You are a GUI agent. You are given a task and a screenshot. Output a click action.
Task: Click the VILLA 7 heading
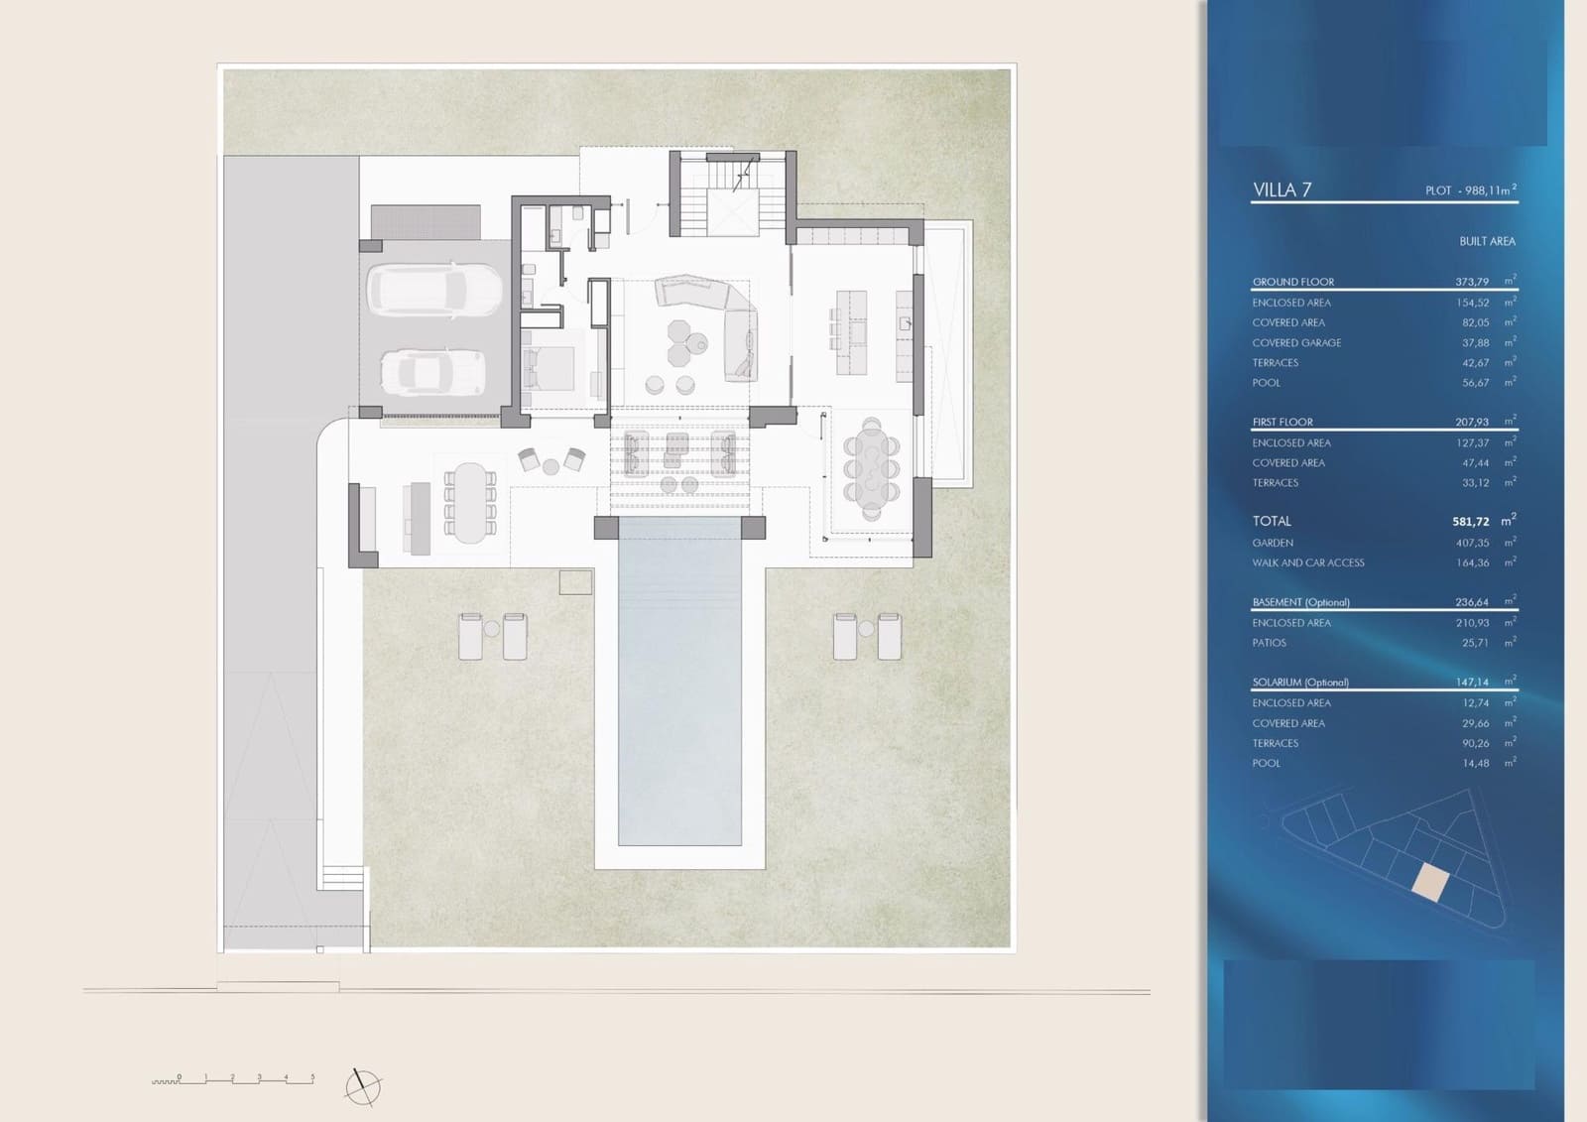coord(1282,189)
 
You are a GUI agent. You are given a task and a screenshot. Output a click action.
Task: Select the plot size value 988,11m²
coord(1484,189)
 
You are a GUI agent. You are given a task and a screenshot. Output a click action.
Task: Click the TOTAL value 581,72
coord(1471,521)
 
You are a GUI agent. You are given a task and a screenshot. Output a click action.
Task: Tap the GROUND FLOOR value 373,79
coord(1472,282)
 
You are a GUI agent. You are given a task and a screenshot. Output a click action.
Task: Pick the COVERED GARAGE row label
coord(1296,342)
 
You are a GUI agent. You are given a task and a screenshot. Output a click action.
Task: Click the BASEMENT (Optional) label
coord(1300,602)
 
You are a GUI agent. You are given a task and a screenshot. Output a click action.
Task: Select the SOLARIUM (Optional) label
coord(1299,683)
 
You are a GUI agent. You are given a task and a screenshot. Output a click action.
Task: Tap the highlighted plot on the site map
coord(1429,881)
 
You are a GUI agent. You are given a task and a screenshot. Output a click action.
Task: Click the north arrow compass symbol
coord(363,1086)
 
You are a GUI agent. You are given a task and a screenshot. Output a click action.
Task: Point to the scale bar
coord(234,1080)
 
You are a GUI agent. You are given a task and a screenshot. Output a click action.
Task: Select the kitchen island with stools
coord(850,331)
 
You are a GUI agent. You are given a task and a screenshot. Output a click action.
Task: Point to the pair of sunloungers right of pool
coord(867,636)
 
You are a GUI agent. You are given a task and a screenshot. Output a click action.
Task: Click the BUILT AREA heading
coord(1486,241)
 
